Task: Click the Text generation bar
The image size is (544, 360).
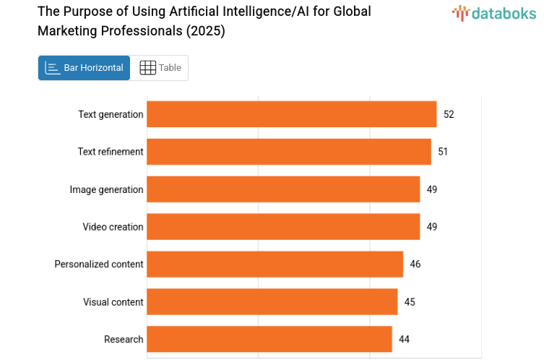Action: point(291,114)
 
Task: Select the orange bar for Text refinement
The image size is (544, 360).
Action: point(289,152)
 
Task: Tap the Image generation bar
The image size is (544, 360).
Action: point(283,189)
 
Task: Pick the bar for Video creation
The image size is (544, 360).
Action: point(283,227)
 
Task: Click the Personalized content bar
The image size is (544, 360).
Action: point(275,265)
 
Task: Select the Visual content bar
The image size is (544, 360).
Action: point(272,302)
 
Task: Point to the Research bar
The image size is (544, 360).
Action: point(269,340)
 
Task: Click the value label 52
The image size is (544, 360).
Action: point(449,114)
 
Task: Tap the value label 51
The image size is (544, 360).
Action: point(443,152)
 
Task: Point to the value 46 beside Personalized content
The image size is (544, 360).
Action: point(415,265)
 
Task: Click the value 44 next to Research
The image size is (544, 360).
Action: point(404,340)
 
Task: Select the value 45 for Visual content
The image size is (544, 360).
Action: point(410,302)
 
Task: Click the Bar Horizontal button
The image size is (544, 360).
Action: point(85,68)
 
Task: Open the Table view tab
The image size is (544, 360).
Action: point(160,68)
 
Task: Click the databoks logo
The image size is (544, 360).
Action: point(494,13)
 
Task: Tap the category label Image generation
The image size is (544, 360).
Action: point(106,189)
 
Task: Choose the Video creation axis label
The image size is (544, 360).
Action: point(113,227)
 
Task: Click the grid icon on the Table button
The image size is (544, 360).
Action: point(147,68)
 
